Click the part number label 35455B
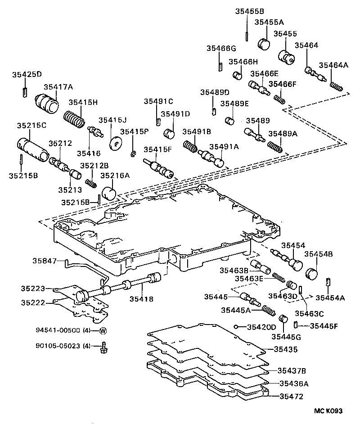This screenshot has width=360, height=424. (x=249, y=11)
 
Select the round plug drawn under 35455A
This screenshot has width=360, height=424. (x=263, y=44)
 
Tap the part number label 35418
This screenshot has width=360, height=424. (x=141, y=298)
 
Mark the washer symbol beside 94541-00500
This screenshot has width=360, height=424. (x=102, y=331)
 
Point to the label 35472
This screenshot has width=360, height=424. (x=291, y=397)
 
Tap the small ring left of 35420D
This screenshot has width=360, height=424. (x=235, y=327)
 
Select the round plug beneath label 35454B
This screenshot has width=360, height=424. (x=311, y=274)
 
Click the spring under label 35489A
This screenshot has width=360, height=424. (x=274, y=145)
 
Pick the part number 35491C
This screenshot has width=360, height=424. (x=158, y=101)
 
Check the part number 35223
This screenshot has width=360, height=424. (x=32, y=288)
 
